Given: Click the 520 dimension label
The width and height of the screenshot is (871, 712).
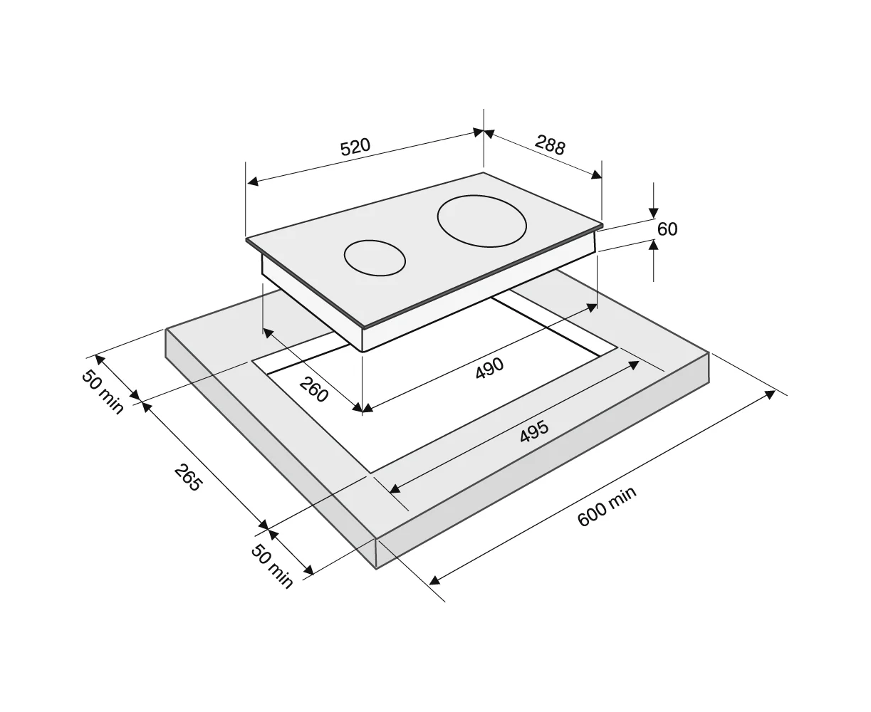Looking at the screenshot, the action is coord(355,147).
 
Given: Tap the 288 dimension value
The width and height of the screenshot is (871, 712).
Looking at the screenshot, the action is coord(550,145).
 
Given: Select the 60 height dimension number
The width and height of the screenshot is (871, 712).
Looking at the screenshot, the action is coord(667,229).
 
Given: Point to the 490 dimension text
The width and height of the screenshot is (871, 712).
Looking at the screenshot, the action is coord(489,367).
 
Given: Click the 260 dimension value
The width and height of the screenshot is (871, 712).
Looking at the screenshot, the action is coord(314,389).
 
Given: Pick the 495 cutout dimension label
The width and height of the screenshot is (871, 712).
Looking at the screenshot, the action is coord(534,431).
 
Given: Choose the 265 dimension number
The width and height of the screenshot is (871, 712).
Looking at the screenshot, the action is coord(188,478).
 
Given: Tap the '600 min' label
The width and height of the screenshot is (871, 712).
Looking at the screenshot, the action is coord(607,507).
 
